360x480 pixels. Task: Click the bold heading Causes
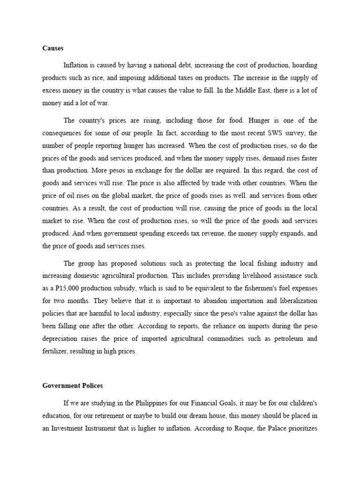coord(52,48)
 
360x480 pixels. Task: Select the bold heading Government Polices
coord(72,386)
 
